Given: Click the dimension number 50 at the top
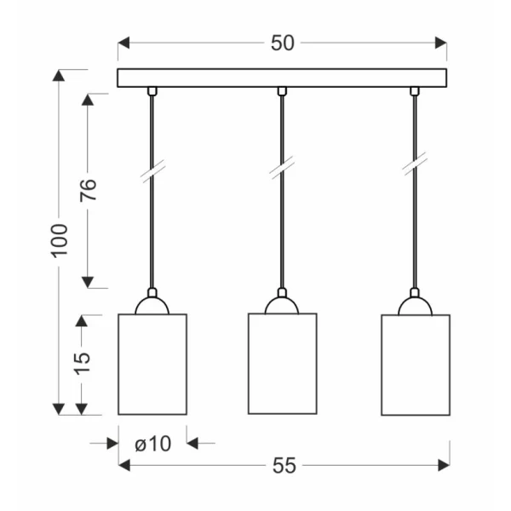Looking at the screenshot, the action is tap(283, 43).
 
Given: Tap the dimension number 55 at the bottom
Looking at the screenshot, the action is tap(284, 465).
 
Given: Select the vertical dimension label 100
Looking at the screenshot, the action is tap(59, 241).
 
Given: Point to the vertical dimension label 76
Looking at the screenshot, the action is tap(88, 190).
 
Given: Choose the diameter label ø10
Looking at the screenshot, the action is tap(152, 444).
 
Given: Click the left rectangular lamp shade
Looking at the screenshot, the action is tap(152, 365).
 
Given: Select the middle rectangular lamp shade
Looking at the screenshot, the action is tap(283, 364).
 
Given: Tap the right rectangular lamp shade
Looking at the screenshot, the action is tap(416, 365).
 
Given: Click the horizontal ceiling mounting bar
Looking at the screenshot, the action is tap(282, 78).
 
